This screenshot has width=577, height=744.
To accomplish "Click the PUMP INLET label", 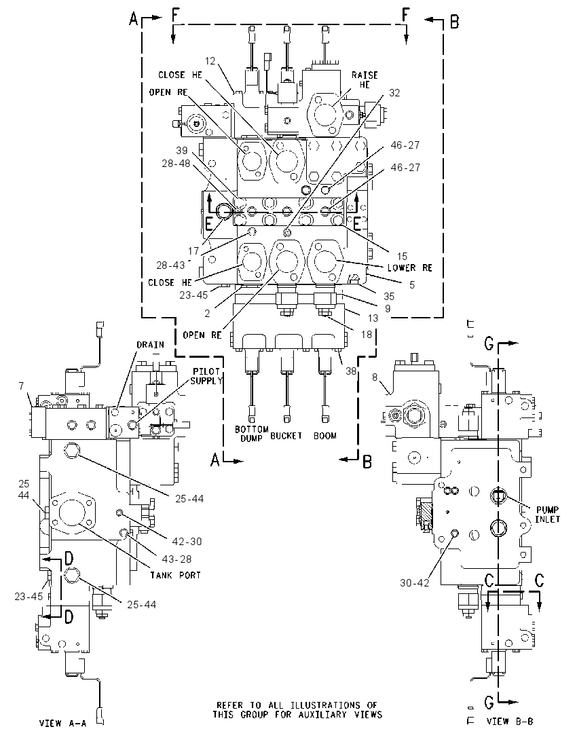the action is coord(548,515).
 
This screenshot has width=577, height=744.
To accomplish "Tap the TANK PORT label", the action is coord(176,575).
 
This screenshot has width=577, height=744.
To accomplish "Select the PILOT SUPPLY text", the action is coord(206,376).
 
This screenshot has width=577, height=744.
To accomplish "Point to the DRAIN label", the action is coord(151,344).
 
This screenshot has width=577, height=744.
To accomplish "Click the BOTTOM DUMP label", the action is coord(251,434).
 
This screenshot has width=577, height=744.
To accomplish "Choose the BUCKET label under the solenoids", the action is coord(286,436).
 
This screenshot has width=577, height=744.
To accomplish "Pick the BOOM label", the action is coord(325,436).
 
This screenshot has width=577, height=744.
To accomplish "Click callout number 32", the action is coord(394,93).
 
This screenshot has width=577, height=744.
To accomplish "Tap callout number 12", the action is coord(210,60).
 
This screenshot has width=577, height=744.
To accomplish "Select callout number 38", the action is coord(351,371).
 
